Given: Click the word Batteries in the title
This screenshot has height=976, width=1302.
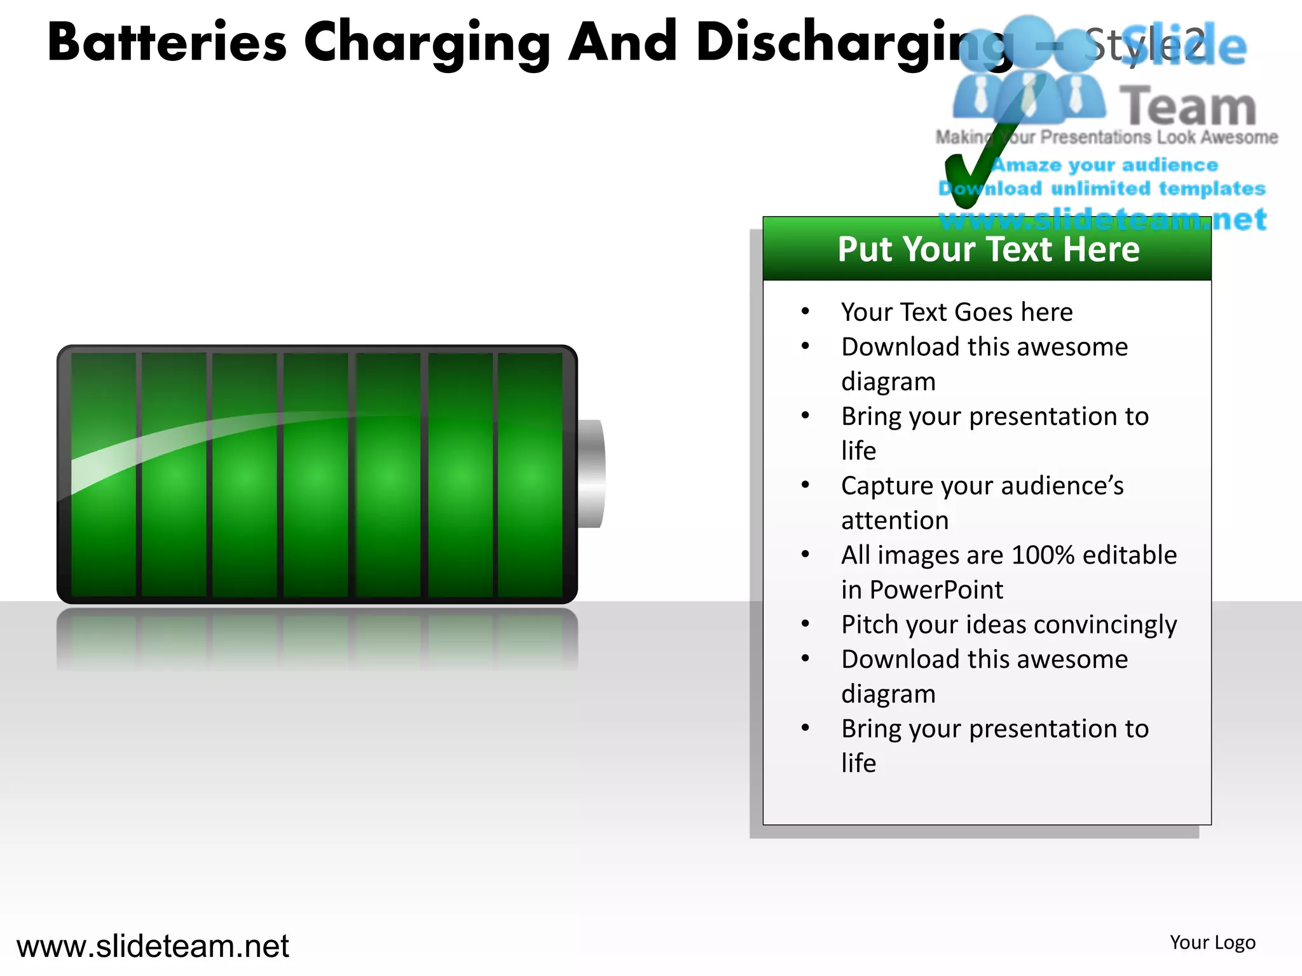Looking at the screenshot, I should pyautogui.click(x=167, y=43).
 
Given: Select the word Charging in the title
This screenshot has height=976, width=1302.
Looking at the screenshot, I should pyautogui.click(x=427, y=43).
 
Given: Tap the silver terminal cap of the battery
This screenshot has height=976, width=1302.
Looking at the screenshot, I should pyautogui.click(x=591, y=473).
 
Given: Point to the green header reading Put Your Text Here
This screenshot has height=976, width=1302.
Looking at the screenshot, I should pyautogui.click(x=987, y=249).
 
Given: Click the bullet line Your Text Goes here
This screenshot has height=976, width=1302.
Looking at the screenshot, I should pyautogui.click(x=957, y=312).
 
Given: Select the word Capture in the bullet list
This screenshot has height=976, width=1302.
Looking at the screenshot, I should pyautogui.click(x=887, y=486).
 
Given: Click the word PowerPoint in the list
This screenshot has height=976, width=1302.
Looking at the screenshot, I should pyautogui.click(x=936, y=590).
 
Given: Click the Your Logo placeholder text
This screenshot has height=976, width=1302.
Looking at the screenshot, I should pyautogui.click(x=1212, y=942).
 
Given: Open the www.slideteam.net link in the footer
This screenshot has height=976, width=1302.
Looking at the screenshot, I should pyautogui.click(x=153, y=946).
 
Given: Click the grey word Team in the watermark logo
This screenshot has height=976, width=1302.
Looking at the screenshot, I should pyautogui.click(x=1188, y=107).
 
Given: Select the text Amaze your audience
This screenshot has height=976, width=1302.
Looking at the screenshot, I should pyautogui.click(x=1105, y=165).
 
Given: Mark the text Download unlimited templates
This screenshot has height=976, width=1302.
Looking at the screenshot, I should pyautogui.click(x=1102, y=189).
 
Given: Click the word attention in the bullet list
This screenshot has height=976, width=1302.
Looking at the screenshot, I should pyautogui.click(x=894, y=521).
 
